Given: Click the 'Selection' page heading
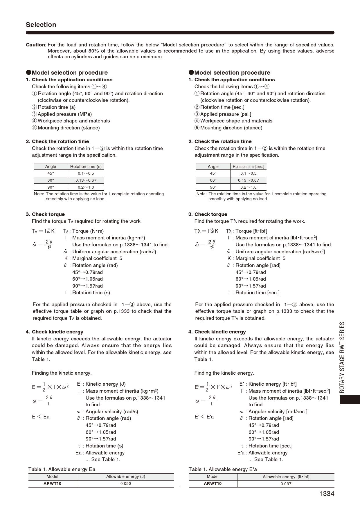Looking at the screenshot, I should click(41, 25).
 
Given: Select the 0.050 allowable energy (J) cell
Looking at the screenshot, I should click(125, 483).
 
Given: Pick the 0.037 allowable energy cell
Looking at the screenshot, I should click(286, 484).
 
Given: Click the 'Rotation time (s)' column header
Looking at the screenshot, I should click(86, 167).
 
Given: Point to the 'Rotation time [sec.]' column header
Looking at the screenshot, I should click(248, 167).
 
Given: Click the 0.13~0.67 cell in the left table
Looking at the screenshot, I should click(86, 180).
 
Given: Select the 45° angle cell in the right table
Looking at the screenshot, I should click(213, 173).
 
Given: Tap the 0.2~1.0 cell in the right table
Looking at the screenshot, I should click(248, 187).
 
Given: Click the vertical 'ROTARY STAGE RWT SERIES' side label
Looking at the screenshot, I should click(342, 357).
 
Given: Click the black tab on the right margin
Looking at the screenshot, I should click(350, 400).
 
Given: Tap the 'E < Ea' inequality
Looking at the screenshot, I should click(41, 417).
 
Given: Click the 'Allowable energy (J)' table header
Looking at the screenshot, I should click(125, 476).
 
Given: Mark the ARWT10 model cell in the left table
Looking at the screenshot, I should click(53, 483).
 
